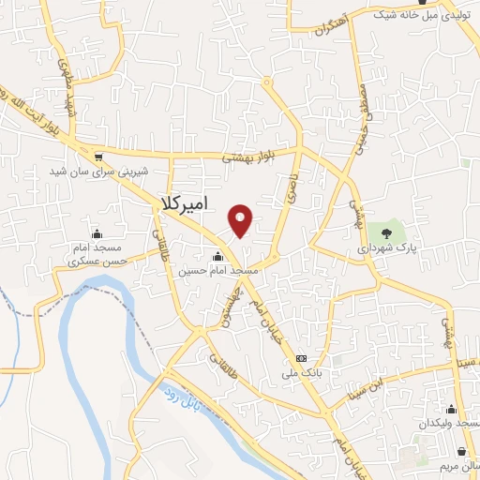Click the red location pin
pos(242,220)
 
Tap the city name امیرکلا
pos(184,205)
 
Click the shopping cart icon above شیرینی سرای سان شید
pos(98,157)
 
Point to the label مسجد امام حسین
pos(217,270)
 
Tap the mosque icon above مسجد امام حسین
pos(217,256)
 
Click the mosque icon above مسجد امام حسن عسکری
pos(97,233)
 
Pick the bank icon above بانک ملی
pos(301,359)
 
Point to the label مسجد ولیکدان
pos(450,423)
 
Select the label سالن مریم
pos(459,464)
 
